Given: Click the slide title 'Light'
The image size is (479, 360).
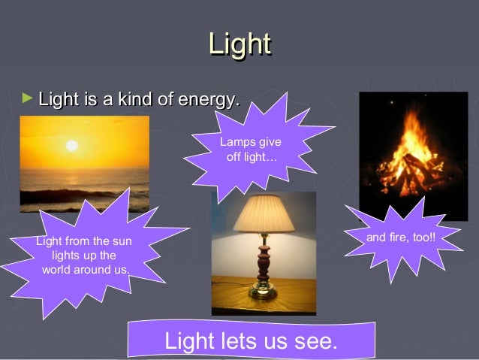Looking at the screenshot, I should coord(239,44).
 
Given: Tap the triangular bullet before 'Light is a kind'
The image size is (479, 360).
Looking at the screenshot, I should coord(28,98).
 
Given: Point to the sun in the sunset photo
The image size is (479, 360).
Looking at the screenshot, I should coord(72,145).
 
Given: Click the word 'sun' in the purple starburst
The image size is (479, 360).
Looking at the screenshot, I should coord(122,241).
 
